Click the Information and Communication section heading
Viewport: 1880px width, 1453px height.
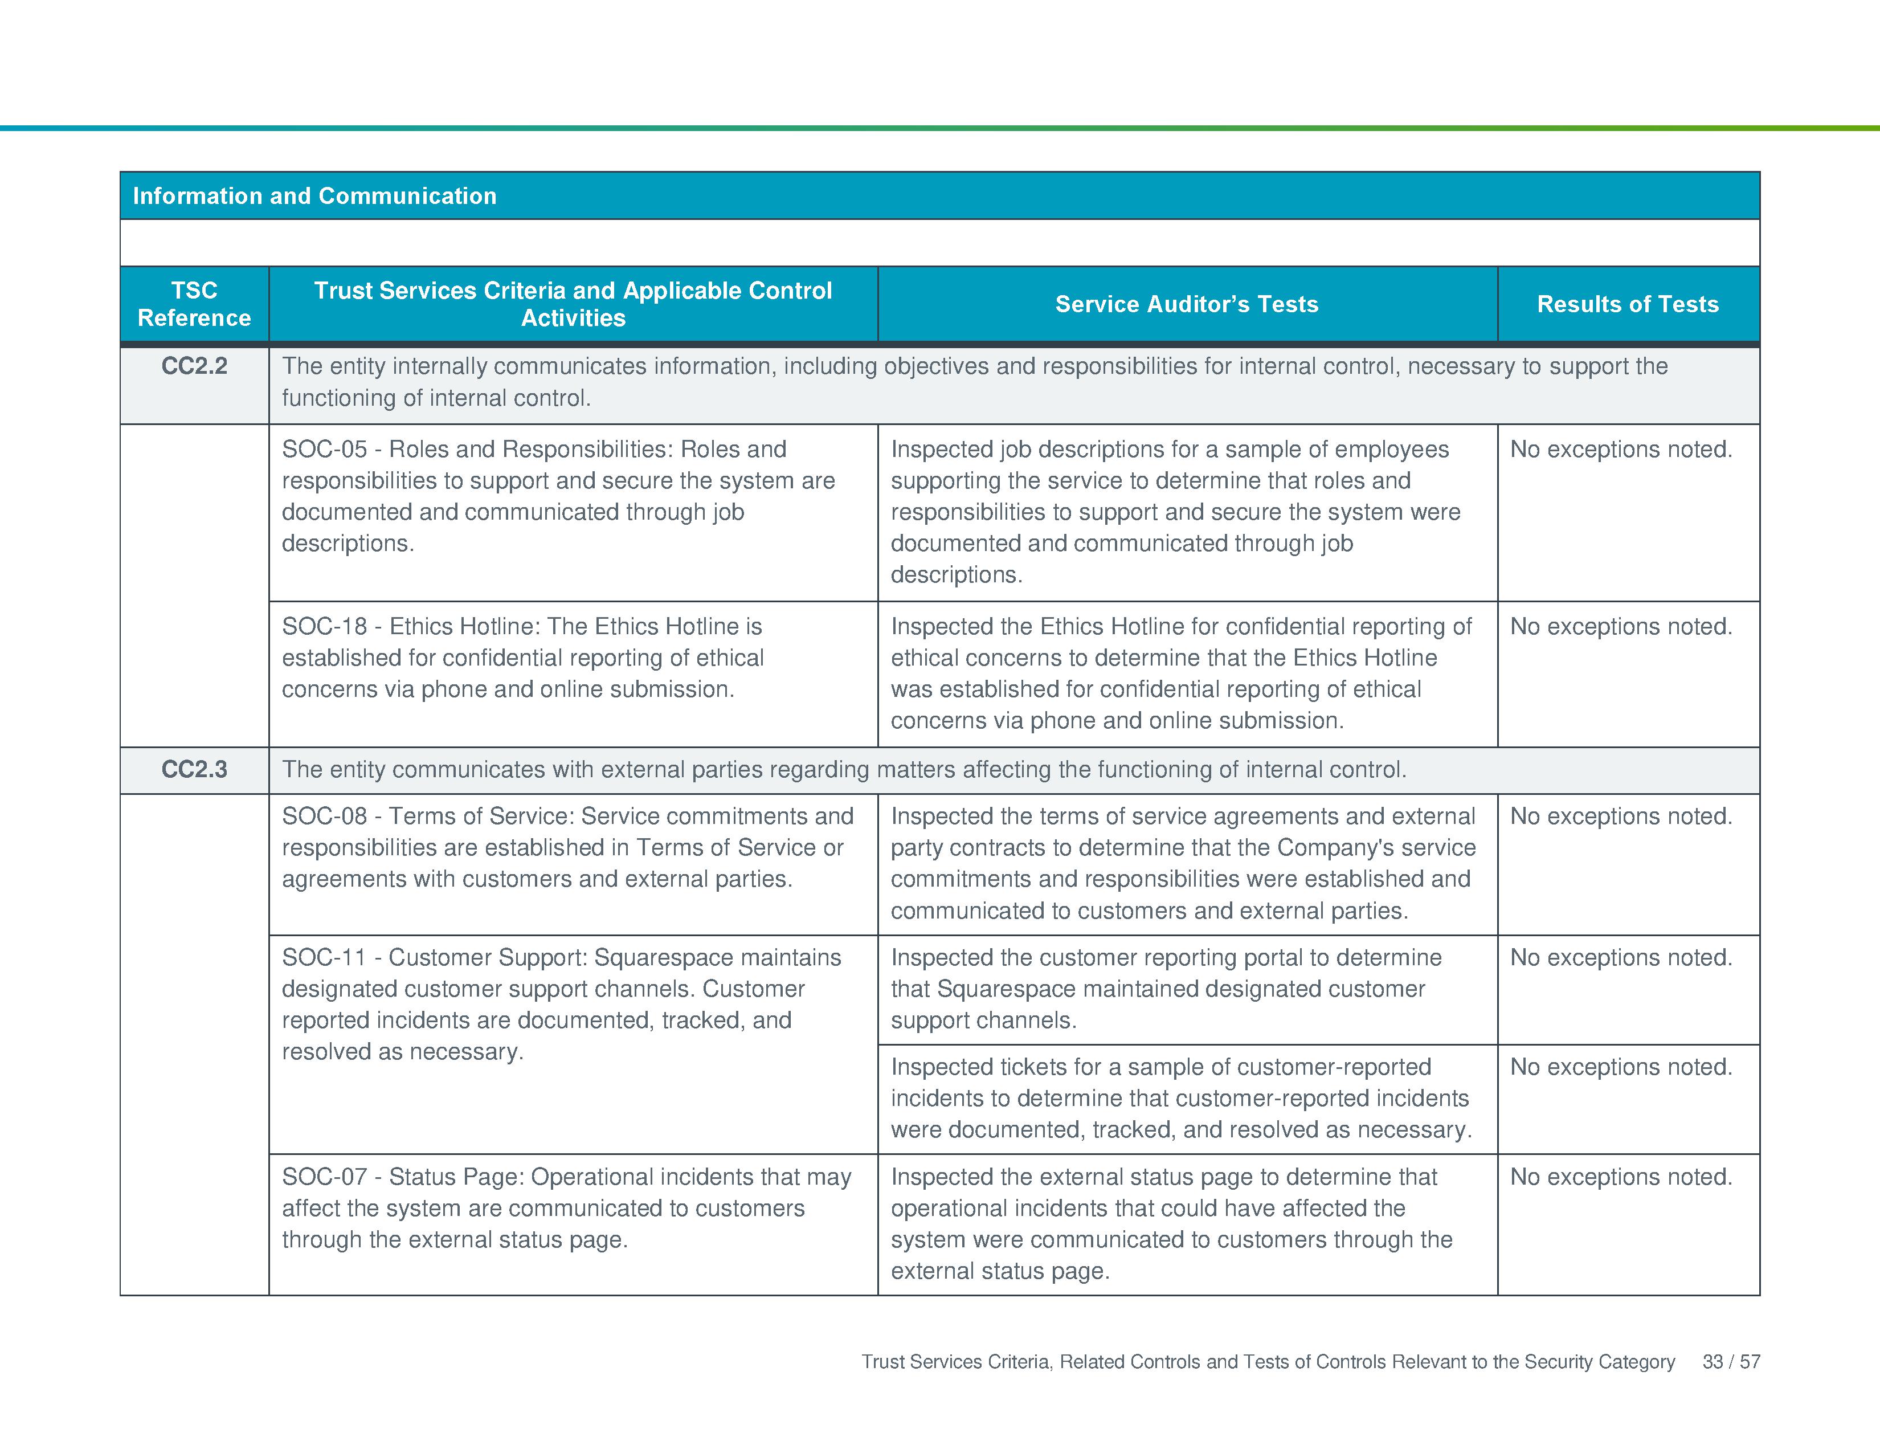point(314,196)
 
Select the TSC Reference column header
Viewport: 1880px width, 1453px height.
point(194,304)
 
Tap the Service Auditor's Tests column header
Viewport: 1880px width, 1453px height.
point(1186,304)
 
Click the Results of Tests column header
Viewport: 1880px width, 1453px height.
point(1627,304)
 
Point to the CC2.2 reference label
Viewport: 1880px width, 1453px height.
point(194,366)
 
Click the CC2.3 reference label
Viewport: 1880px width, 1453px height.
point(194,770)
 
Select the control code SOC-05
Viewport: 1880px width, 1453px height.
point(324,450)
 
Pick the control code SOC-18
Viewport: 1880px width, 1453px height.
point(324,627)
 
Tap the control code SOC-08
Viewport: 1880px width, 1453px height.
point(324,816)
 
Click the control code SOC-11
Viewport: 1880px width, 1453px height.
point(324,957)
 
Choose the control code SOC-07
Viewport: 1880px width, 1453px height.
point(324,1177)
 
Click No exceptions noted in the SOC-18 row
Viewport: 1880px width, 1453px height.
point(1621,627)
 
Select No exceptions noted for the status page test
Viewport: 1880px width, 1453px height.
point(1621,1177)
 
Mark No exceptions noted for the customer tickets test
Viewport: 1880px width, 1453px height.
point(1621,1067)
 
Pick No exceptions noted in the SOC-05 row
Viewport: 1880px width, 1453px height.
point(1621,450)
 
